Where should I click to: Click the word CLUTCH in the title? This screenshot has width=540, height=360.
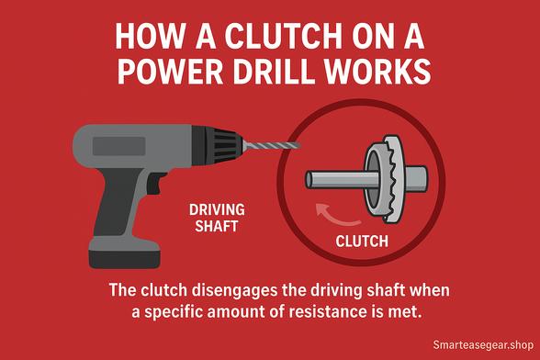[284, 36]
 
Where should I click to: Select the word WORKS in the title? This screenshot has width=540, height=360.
[377, 72]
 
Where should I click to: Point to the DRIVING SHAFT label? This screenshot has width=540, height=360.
[217, 218]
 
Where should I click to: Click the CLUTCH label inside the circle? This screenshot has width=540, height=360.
[362, 242]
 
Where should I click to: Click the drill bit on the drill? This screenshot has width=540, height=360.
[272, 146]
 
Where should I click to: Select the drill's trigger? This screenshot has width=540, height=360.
[155, 182]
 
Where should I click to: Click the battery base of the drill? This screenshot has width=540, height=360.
[125, 253]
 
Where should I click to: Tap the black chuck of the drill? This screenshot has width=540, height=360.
[217, 146]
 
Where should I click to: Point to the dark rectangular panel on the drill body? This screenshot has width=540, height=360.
[118, 146]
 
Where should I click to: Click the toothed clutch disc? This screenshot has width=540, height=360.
[393, 179]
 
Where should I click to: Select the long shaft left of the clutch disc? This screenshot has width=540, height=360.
[342, 180]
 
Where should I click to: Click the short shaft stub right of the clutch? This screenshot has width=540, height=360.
[416, 179]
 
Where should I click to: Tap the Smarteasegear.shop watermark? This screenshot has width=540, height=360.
[483, 344]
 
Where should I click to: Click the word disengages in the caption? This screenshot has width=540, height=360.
[234, 290]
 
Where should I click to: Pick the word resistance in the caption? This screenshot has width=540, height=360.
[328, 311]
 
